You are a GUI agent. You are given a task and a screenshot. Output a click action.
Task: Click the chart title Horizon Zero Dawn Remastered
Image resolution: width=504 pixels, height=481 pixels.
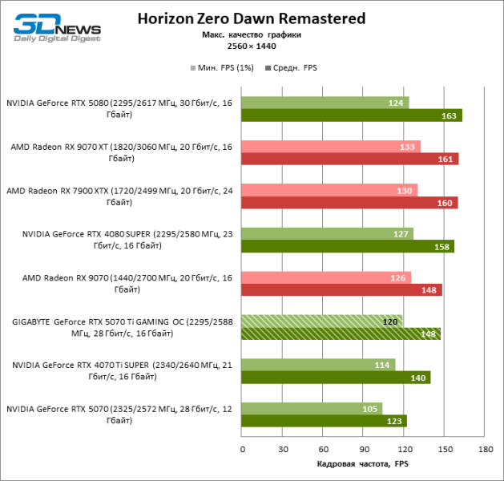tap(251, 18)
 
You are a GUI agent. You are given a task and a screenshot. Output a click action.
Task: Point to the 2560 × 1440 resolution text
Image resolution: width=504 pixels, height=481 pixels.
tap(251, 47)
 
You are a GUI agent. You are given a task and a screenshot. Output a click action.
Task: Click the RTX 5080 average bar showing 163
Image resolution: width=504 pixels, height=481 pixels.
tap(351, 115)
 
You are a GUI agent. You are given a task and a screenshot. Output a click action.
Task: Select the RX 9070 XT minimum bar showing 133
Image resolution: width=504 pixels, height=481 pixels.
tap(331, 146)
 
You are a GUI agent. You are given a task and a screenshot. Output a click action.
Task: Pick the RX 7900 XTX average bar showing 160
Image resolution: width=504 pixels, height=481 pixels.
tap(349, 202)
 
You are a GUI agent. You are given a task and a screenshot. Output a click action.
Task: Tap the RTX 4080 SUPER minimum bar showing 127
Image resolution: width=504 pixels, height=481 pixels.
tap(327, 233)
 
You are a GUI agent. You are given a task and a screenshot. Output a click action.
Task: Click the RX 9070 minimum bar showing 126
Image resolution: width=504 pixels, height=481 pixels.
tap(326, 277)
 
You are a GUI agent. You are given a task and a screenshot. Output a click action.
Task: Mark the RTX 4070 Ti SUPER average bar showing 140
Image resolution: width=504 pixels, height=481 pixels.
tap(336, 377)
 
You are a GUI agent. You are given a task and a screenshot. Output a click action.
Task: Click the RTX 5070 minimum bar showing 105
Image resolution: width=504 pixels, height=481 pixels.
tap(312, 408)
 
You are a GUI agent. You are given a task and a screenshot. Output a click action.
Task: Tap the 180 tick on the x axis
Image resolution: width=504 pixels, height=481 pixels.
tap(484, 450)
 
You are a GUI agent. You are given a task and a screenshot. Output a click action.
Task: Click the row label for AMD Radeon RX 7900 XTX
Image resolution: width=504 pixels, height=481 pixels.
tap(119, 196)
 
